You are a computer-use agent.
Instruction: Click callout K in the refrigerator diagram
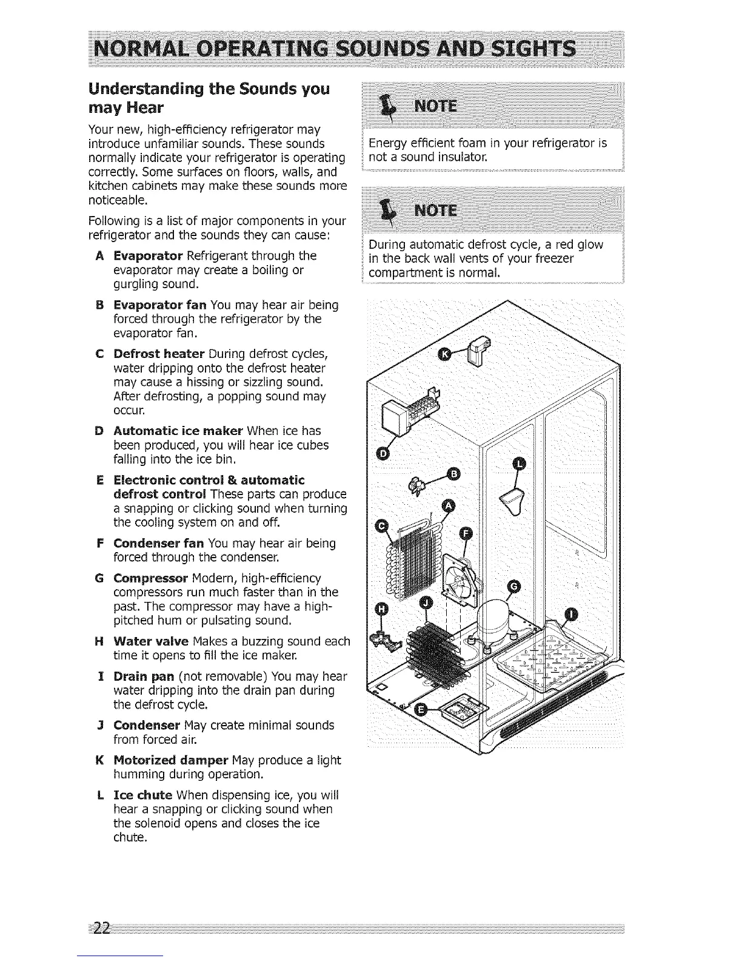pyautogui.click(x=446, y=354)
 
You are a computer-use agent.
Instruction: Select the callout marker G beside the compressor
pyautogui.click(x=514, y=585)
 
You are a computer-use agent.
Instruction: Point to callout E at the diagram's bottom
pyautogui.click(x=419, y=710)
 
